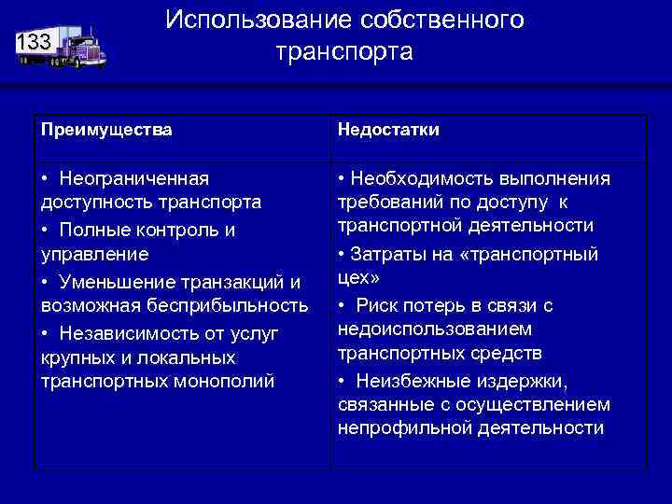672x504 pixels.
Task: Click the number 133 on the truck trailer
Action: point(35,41)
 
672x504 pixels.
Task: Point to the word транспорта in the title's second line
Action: point(343,51)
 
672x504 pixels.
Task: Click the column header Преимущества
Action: point(105,130)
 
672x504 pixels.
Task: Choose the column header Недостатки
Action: point(388,130)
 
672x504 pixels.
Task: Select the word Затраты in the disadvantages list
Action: point(384,254)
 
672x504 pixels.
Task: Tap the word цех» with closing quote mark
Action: point(358,278)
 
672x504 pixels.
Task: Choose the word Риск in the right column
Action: point(378,305)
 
